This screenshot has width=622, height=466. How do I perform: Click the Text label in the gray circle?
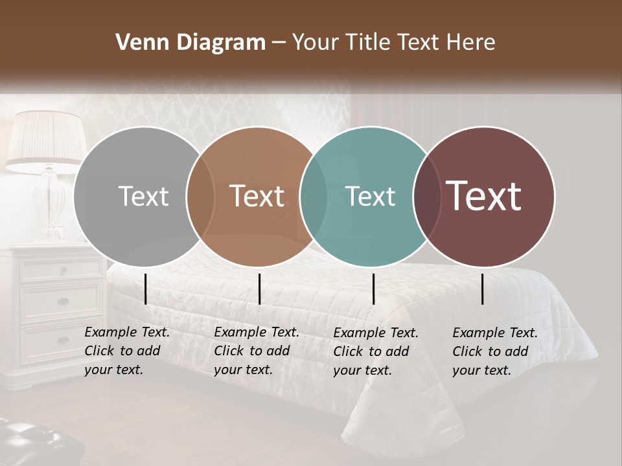143,196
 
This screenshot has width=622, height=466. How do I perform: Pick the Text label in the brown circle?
257,196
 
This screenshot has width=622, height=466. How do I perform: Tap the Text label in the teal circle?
371,196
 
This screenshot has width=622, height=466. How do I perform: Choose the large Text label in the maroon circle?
484,196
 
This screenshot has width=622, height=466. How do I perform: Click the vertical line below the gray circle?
146,289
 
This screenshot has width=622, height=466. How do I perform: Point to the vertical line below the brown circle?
259,289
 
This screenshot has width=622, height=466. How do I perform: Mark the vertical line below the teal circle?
374,289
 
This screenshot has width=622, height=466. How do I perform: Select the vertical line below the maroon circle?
483,289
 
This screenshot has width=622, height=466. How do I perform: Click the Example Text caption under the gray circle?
126,351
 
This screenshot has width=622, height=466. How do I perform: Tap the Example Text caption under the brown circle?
256,351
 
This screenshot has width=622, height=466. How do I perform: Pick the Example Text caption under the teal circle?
375,351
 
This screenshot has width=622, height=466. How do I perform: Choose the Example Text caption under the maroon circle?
494,351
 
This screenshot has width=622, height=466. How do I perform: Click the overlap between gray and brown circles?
200,196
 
